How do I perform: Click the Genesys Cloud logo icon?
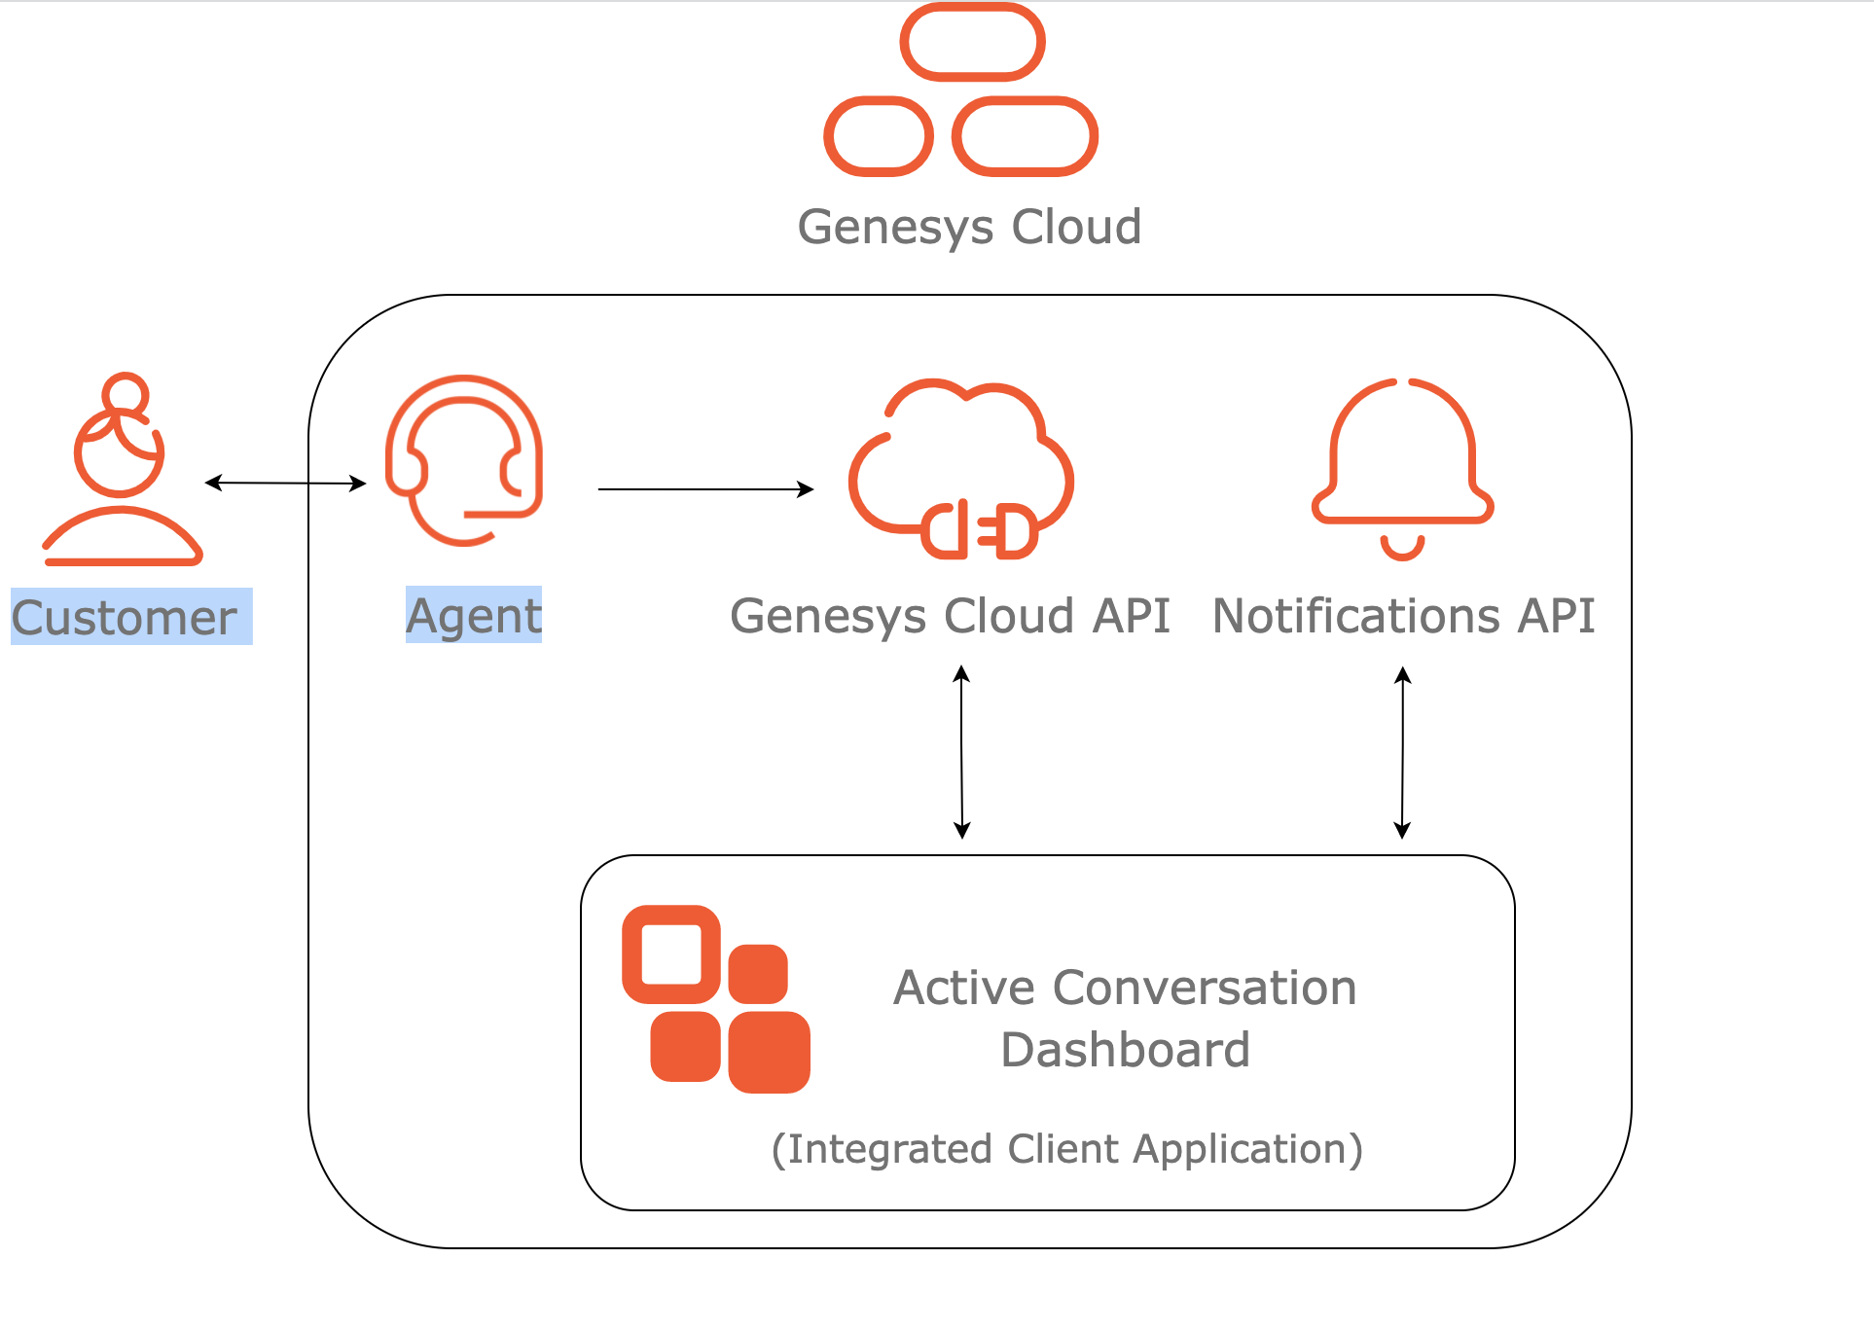[961, 90]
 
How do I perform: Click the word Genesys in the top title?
[896, 228]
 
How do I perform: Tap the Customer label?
[125, 618]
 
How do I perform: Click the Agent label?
[473, 616]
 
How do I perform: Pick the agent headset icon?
[464, 460]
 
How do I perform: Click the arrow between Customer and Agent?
[285, 483]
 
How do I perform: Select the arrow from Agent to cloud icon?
[705, 489]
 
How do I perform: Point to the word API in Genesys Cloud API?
[1131, 617]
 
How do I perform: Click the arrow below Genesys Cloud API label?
[961, 751]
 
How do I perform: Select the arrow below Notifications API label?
[1402, 751]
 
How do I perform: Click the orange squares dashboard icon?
[716, 999]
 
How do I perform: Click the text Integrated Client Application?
[1066, 1149]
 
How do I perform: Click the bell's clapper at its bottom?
[1402, 548]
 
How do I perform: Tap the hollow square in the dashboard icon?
[671, 954]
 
